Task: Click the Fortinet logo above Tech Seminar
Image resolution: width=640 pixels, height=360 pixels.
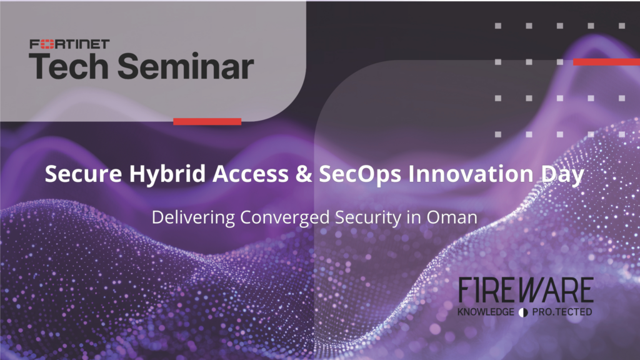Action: coord(69,44)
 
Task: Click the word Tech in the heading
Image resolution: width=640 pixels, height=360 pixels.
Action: coord(69,66)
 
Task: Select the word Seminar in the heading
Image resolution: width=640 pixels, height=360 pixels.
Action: coord(186,66)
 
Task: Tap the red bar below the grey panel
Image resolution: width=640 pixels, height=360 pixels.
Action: coord(207,121)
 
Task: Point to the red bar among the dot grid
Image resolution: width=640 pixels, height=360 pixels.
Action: coord(606,62)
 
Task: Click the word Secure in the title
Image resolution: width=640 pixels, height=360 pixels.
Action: coord(83,174)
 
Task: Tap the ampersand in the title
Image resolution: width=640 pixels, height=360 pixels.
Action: coord(304,174)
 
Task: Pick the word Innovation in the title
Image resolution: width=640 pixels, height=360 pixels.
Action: coord(471,174)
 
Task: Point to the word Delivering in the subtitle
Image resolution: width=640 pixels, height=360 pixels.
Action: coord(194,217)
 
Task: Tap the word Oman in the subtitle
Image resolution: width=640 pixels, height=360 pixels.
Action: coord(452,217)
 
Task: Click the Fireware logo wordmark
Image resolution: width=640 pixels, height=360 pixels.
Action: coord(526,290)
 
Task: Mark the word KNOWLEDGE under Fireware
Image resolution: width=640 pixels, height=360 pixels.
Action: coord(486,312)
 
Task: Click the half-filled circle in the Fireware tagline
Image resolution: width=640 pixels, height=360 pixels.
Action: coord(523,312)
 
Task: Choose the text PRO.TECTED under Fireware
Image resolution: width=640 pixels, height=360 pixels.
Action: coord(562,312)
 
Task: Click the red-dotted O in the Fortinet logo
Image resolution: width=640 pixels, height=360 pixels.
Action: coord(47,44)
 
